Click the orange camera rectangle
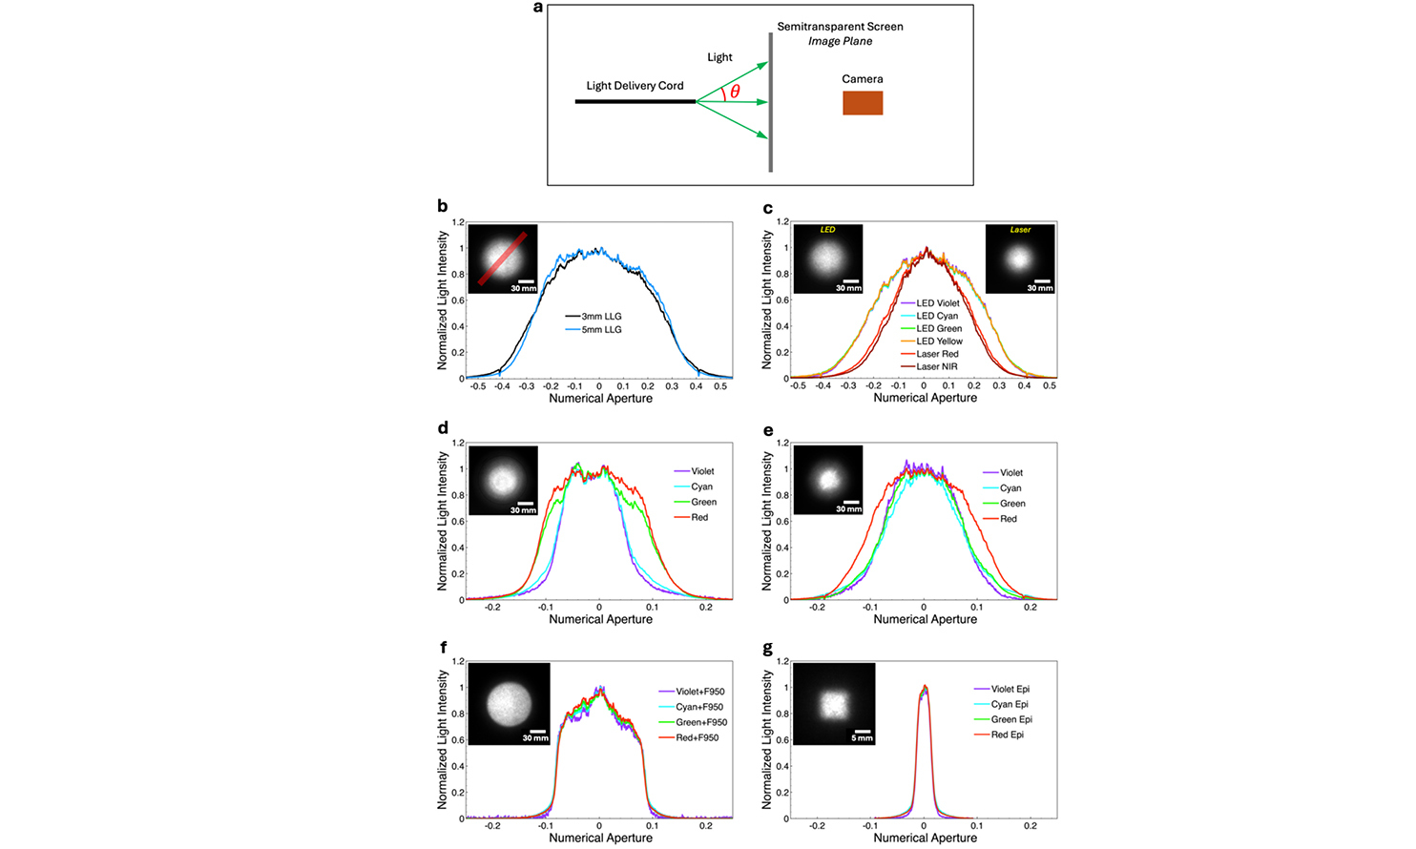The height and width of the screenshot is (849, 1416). [x=863, y=103]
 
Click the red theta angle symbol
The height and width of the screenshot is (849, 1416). [x=735, y=92]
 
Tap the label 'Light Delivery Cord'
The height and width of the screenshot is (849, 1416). [x=635, y=86]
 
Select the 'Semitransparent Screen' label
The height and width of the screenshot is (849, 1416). [x=840, y=27]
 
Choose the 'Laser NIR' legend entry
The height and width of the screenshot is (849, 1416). [x=936, y=366]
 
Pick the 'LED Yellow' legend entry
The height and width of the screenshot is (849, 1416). [x=939, y=342]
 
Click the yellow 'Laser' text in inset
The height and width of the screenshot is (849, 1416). [x=1020, y=230]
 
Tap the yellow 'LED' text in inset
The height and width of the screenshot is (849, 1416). [x=827, y=230]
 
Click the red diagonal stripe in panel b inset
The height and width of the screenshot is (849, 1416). [x=502, y=259]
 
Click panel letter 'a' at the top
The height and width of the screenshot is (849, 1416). [x=538, y=8]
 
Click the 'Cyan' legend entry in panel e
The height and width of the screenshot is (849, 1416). [x=1010, y=488]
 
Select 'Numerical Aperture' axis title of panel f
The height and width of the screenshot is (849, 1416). [x=600, y=838]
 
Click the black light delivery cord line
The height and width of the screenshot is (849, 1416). [x=635, y=101]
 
